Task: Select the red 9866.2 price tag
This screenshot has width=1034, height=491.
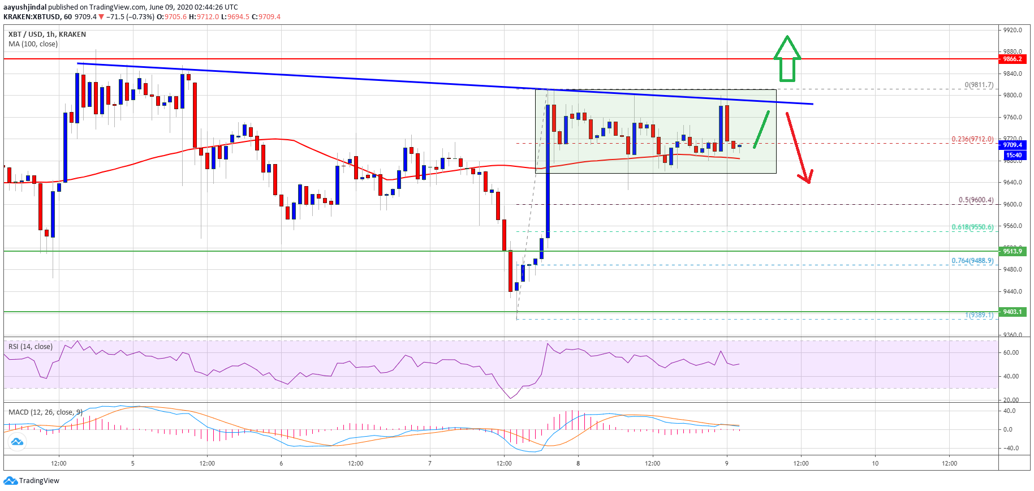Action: tap(1012, 59)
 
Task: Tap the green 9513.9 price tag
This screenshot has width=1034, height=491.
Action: tap(1012, 251)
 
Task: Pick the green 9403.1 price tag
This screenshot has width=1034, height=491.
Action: tap(1012, 312)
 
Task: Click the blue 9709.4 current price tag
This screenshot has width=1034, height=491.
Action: tap(1012, 145)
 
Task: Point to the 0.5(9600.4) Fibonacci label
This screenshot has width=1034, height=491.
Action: tap(976, 200)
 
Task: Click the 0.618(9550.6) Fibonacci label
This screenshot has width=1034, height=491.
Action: tap(972, 227)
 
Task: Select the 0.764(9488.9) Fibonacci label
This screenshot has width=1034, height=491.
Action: tap(972, 261)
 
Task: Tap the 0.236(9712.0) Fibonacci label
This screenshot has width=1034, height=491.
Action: tap(972, 139)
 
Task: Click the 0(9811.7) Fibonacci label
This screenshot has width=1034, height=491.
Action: tap(979, 85)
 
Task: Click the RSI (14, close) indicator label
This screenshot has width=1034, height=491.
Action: tap(31, 347)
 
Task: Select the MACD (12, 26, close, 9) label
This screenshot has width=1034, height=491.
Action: tap(45, 412)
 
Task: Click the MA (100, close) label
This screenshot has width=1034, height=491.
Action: tap(33, 44)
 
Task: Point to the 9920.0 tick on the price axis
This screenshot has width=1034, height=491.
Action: tap(1013, 30)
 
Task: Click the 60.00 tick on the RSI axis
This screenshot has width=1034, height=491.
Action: tap(1011, 352)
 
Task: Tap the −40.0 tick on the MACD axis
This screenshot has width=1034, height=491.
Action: tap(1011, 448)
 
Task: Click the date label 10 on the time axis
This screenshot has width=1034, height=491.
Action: tap(875, 463)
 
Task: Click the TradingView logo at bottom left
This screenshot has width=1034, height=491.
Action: tap(32, 481)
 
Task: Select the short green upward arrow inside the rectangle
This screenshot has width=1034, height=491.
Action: tap(761, 130)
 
